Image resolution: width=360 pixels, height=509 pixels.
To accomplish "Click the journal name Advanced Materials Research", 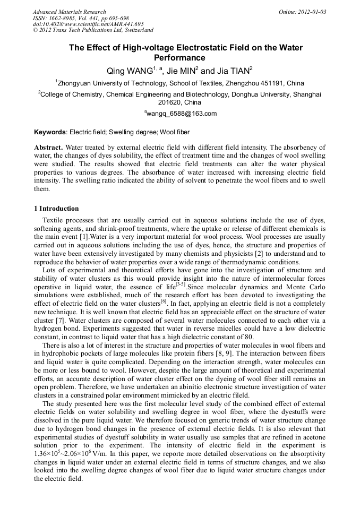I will click(x=69, y=12).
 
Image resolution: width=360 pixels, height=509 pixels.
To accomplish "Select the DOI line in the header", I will click(x=88, y=24).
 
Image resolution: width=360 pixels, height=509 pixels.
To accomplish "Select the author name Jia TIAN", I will click(x=234, y=71).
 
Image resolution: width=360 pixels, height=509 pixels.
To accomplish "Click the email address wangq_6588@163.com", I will click(x=181, y=114).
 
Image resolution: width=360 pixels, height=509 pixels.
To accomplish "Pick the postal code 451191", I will click(x=272, y=83).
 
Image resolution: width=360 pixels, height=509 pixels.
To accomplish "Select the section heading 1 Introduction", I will click(x=56, y=209).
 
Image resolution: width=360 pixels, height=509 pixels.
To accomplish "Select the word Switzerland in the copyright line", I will click(x=136, y=30).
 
